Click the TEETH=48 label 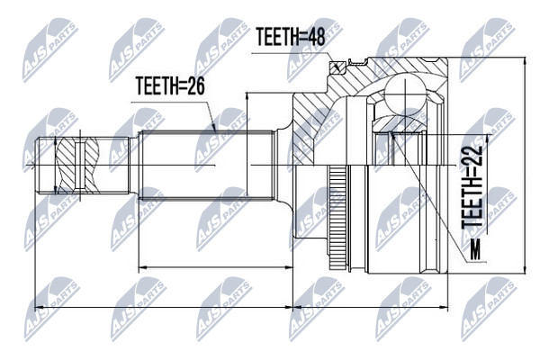(x=291, y=37)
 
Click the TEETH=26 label (x=170, y=85)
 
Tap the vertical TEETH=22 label (x=472, y=186)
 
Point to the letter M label (x=475, y=249)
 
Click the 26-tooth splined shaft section (x=206, y=166)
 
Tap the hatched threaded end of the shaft (x=77, y=166)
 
